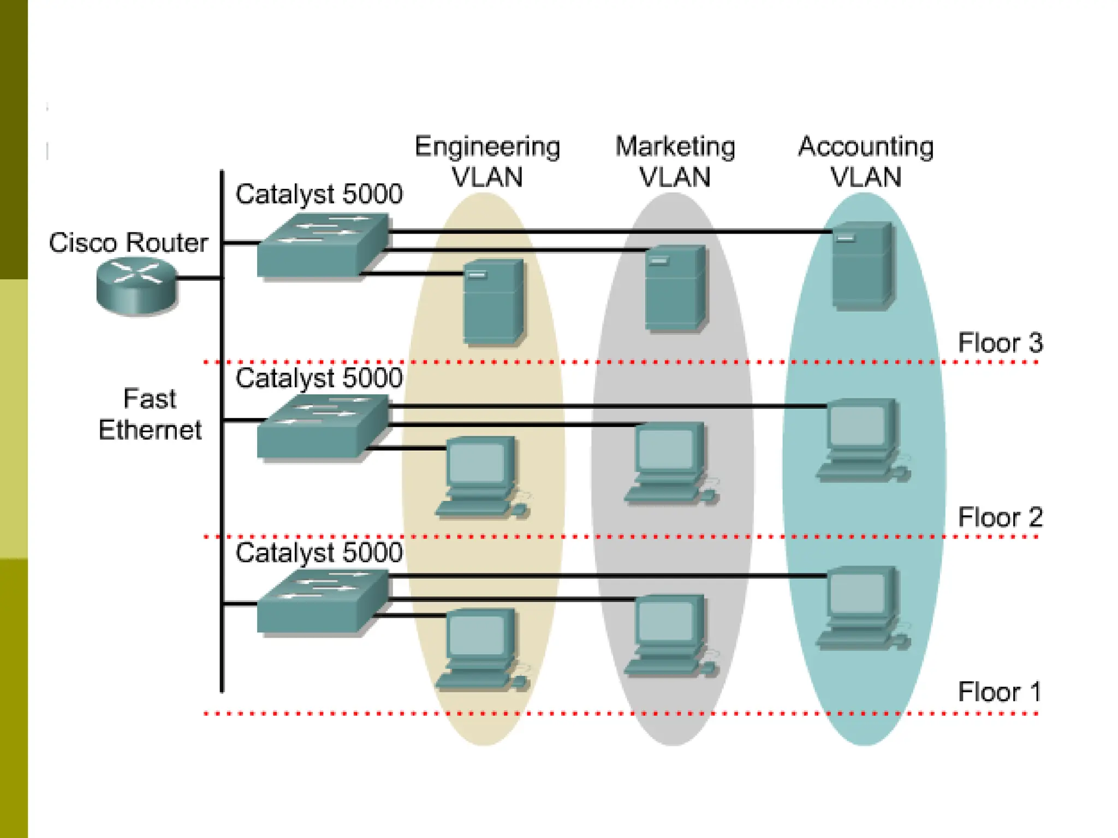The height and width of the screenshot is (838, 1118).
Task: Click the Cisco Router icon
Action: [x=136, y=286]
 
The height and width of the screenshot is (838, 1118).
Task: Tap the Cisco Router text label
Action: [x=128, y=243]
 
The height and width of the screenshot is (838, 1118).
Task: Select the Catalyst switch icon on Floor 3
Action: [x=323, y=246]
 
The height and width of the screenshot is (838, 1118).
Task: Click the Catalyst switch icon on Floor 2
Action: [x=323, y=427]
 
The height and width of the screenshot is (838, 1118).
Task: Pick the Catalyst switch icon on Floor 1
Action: [x=323, y=602]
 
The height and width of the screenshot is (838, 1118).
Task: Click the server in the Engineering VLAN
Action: [x=493, y=302]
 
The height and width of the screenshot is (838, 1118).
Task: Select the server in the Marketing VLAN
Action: [x=675, y=288]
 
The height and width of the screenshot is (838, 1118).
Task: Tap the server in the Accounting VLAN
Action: [x=863, y=266]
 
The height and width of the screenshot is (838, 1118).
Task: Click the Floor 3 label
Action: [x=1000, y=343]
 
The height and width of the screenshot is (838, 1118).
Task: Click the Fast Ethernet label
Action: [x=150, y=414]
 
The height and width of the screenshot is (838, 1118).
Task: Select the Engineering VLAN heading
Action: [x=487, y=161]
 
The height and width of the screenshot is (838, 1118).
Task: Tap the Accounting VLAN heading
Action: [x=866, y=161]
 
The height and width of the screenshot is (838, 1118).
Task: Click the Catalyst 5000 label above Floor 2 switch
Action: [x=319, y=378]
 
